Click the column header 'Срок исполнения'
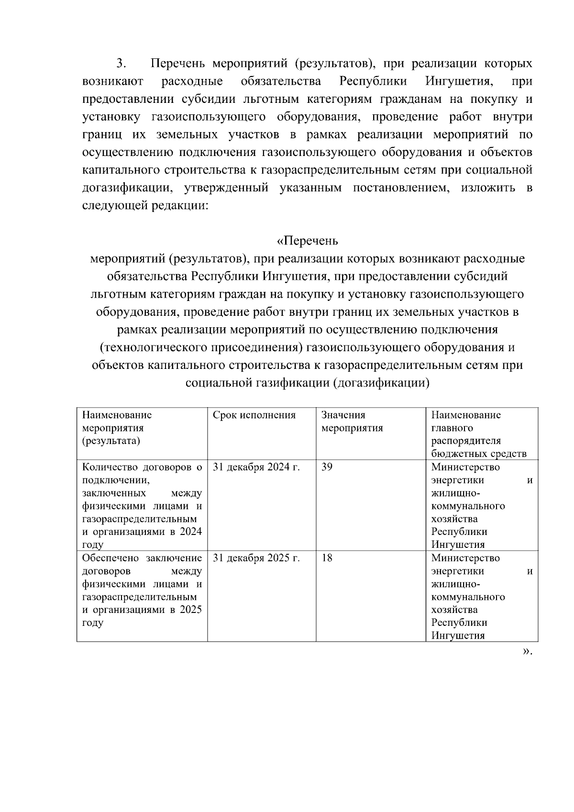pos(254,415)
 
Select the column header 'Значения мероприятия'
pos(352,422)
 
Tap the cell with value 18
pos(327,558)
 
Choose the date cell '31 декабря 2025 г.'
pos(256,558)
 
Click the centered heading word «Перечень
pos(308,241)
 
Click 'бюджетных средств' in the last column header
pos(478,454)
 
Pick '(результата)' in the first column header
pos(111,441)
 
